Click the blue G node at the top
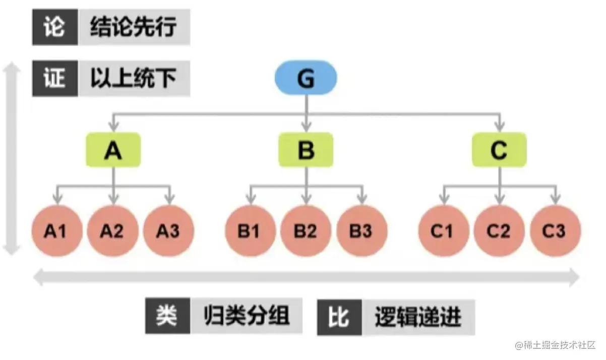click(x=306, y=79)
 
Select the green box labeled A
click(x=113, y=150)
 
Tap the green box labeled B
click(x=306, y=150)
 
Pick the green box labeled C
click(x=499, y=150)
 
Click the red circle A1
click(x=56, y=231)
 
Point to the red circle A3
click(x=168, y=231)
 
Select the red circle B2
click(x=306, y=231)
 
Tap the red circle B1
click(x=250, y=231)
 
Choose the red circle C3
click(x=555, y=231)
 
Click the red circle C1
click(x=444, y=231)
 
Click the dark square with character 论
click(x=55, y=27)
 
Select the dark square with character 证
click(x=55, y=79)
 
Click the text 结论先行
click(x=134, y=28)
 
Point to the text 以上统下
click(x=134, y=79)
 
